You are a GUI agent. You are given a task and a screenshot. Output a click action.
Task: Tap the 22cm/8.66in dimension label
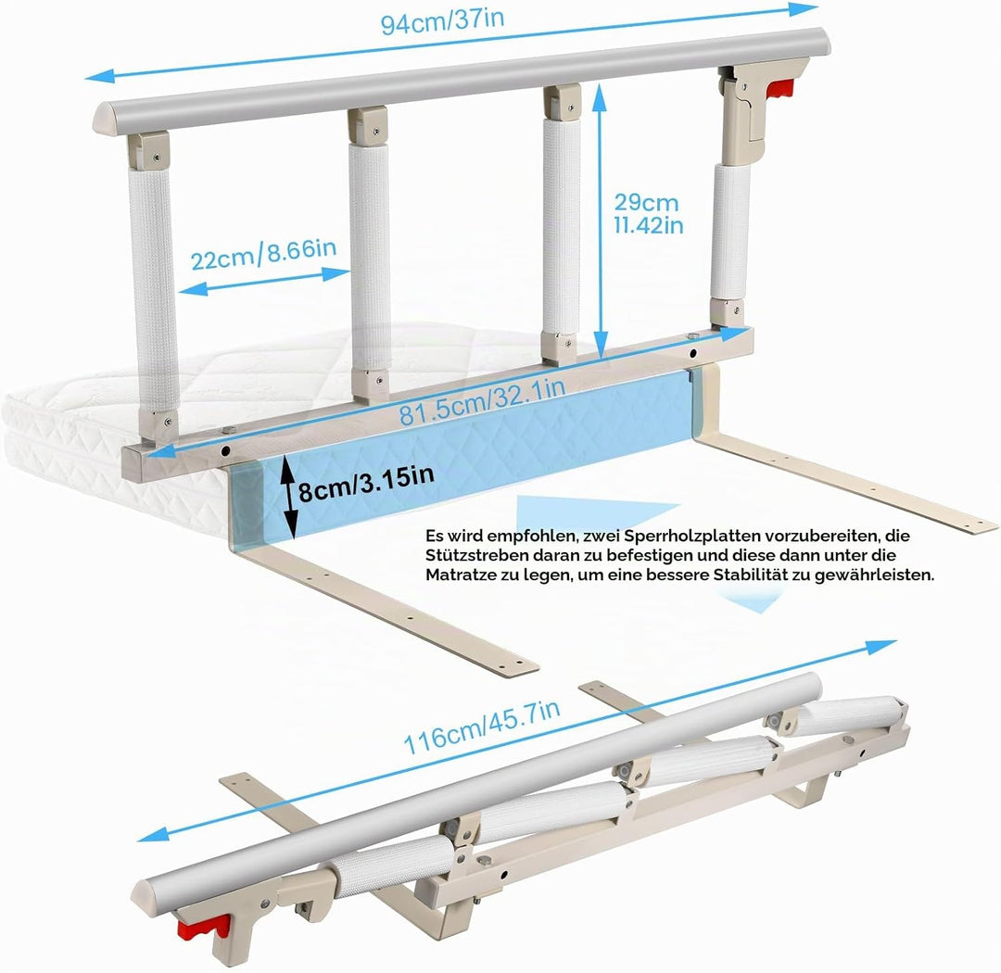coord(263,255)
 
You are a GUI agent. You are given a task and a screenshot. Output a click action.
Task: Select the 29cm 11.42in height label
coord(649,213)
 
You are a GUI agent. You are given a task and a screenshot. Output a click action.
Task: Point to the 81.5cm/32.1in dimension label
coord(482,401)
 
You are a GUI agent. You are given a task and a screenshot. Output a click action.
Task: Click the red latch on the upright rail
coord(779,90)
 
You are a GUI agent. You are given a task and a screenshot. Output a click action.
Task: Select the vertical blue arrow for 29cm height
coord(599,221)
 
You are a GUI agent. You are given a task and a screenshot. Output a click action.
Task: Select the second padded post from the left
coord(370,256)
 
